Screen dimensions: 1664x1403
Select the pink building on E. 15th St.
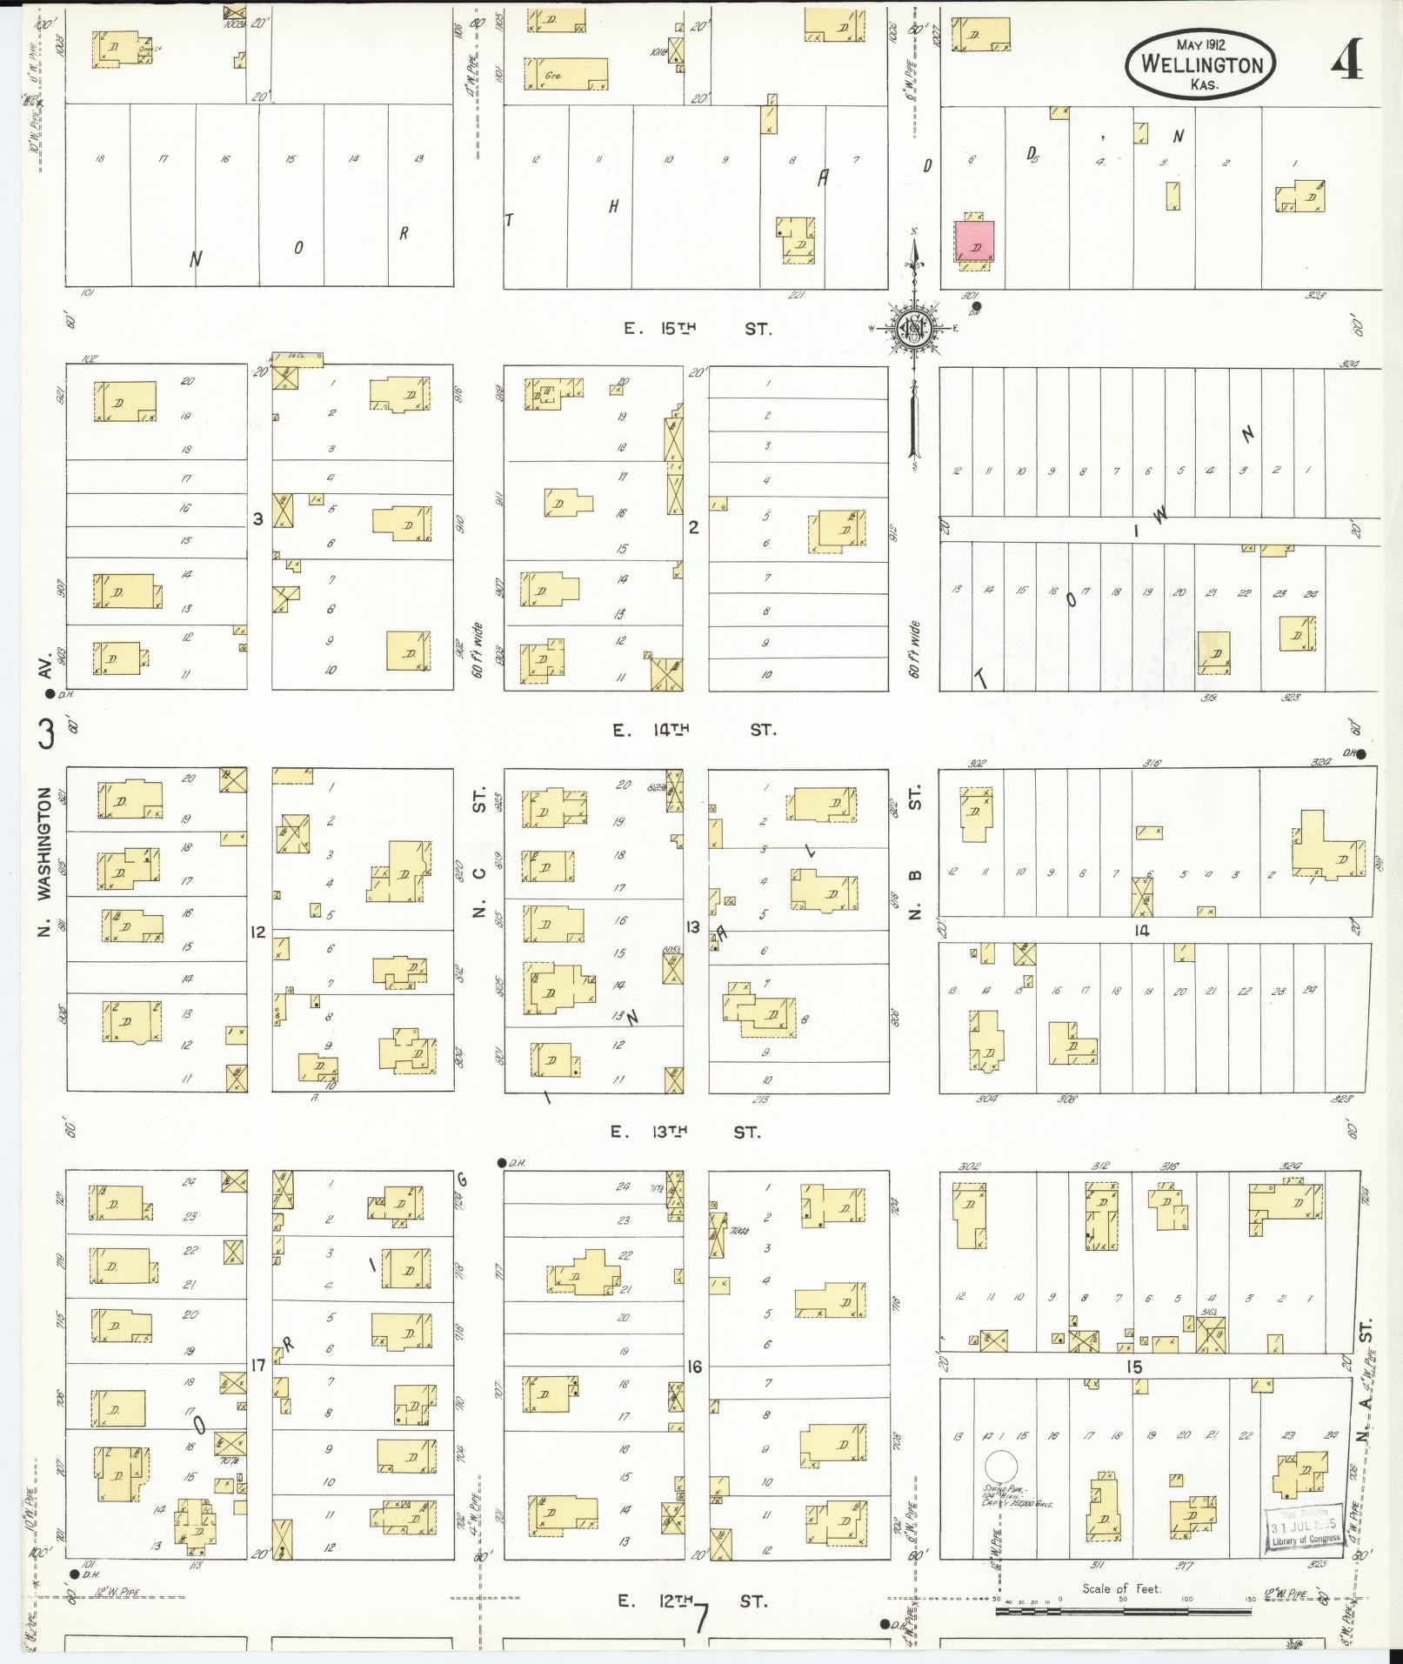(x=975, y=240)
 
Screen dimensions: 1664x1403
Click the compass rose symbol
(x=914, y=328)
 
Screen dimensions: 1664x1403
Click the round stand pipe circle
(x=1001, y=1465)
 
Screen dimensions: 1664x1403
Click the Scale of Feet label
(x=1121, y=1588)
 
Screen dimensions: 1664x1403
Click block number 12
(x=258, y=932)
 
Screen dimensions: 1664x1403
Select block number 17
(x=258, y=1365)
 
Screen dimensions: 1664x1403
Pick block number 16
(x=694, y=1367)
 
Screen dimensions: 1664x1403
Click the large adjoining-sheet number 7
(x=701, y=1618)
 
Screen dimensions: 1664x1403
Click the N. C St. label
(x=478, y=861)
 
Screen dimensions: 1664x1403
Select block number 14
(x=1141, y=931)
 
